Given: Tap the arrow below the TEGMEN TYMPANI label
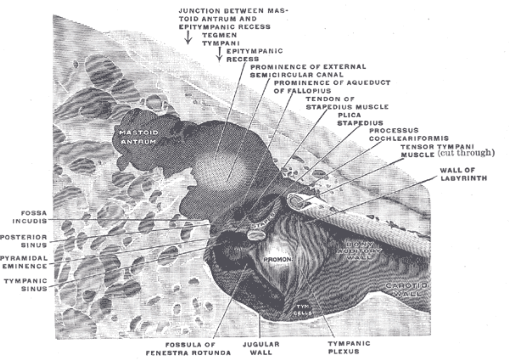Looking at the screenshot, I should pyautogui.click(x=219, y=54).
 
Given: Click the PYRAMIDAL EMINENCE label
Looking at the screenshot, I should pyautogui.click(x=23, y=262).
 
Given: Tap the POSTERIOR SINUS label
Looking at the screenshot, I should pyautogui.click(x=23, y=240).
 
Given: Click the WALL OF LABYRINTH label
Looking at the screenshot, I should pyautogui.click(x=463, y=174).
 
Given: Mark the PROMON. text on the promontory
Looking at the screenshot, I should pyautogui.click(x=275, y=259).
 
